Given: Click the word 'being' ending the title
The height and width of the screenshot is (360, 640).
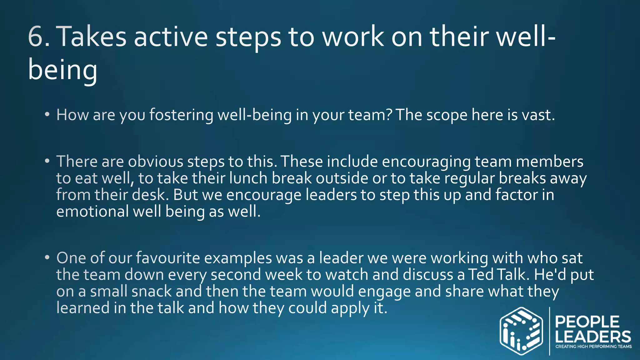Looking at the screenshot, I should click(x=62, y=70).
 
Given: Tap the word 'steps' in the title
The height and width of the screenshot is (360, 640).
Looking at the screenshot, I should click(x=248, y=37).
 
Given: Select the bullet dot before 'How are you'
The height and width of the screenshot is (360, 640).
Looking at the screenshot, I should click(x=47, y=115).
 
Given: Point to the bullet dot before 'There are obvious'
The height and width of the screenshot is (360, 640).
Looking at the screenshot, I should click(x=47, y=162).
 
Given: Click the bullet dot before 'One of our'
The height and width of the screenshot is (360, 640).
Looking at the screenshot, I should click(x=47, y=258).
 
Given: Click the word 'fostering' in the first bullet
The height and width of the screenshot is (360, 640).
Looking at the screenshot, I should click(x=181, y=115).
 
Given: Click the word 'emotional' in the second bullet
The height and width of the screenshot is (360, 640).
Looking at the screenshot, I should click(x=92, y=212).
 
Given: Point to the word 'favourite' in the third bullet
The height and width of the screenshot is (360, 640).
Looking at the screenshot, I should click(x=168, y=258).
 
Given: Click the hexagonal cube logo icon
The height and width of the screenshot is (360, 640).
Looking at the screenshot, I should click(x=521, y=331).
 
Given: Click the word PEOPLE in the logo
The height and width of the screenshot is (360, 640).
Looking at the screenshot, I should click(x=587, y=322).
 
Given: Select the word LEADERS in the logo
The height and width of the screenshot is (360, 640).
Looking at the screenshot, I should click(x=593, y=337).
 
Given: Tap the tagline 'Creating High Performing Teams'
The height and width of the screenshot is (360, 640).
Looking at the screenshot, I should click(x=593, y=346).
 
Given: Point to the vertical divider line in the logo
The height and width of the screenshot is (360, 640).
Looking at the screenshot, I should click(x=549, y=331).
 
